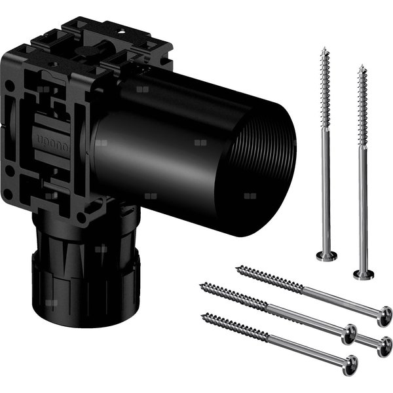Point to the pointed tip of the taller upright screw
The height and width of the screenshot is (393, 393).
(x=324, y=48)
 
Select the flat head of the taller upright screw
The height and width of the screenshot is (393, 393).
(x=326, y=255)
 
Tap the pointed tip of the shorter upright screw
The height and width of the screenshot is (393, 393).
(x=362, y=65)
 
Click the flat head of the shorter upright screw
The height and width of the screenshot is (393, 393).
(x=363, y=274)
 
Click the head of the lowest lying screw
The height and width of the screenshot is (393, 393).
(x=351, y=365)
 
